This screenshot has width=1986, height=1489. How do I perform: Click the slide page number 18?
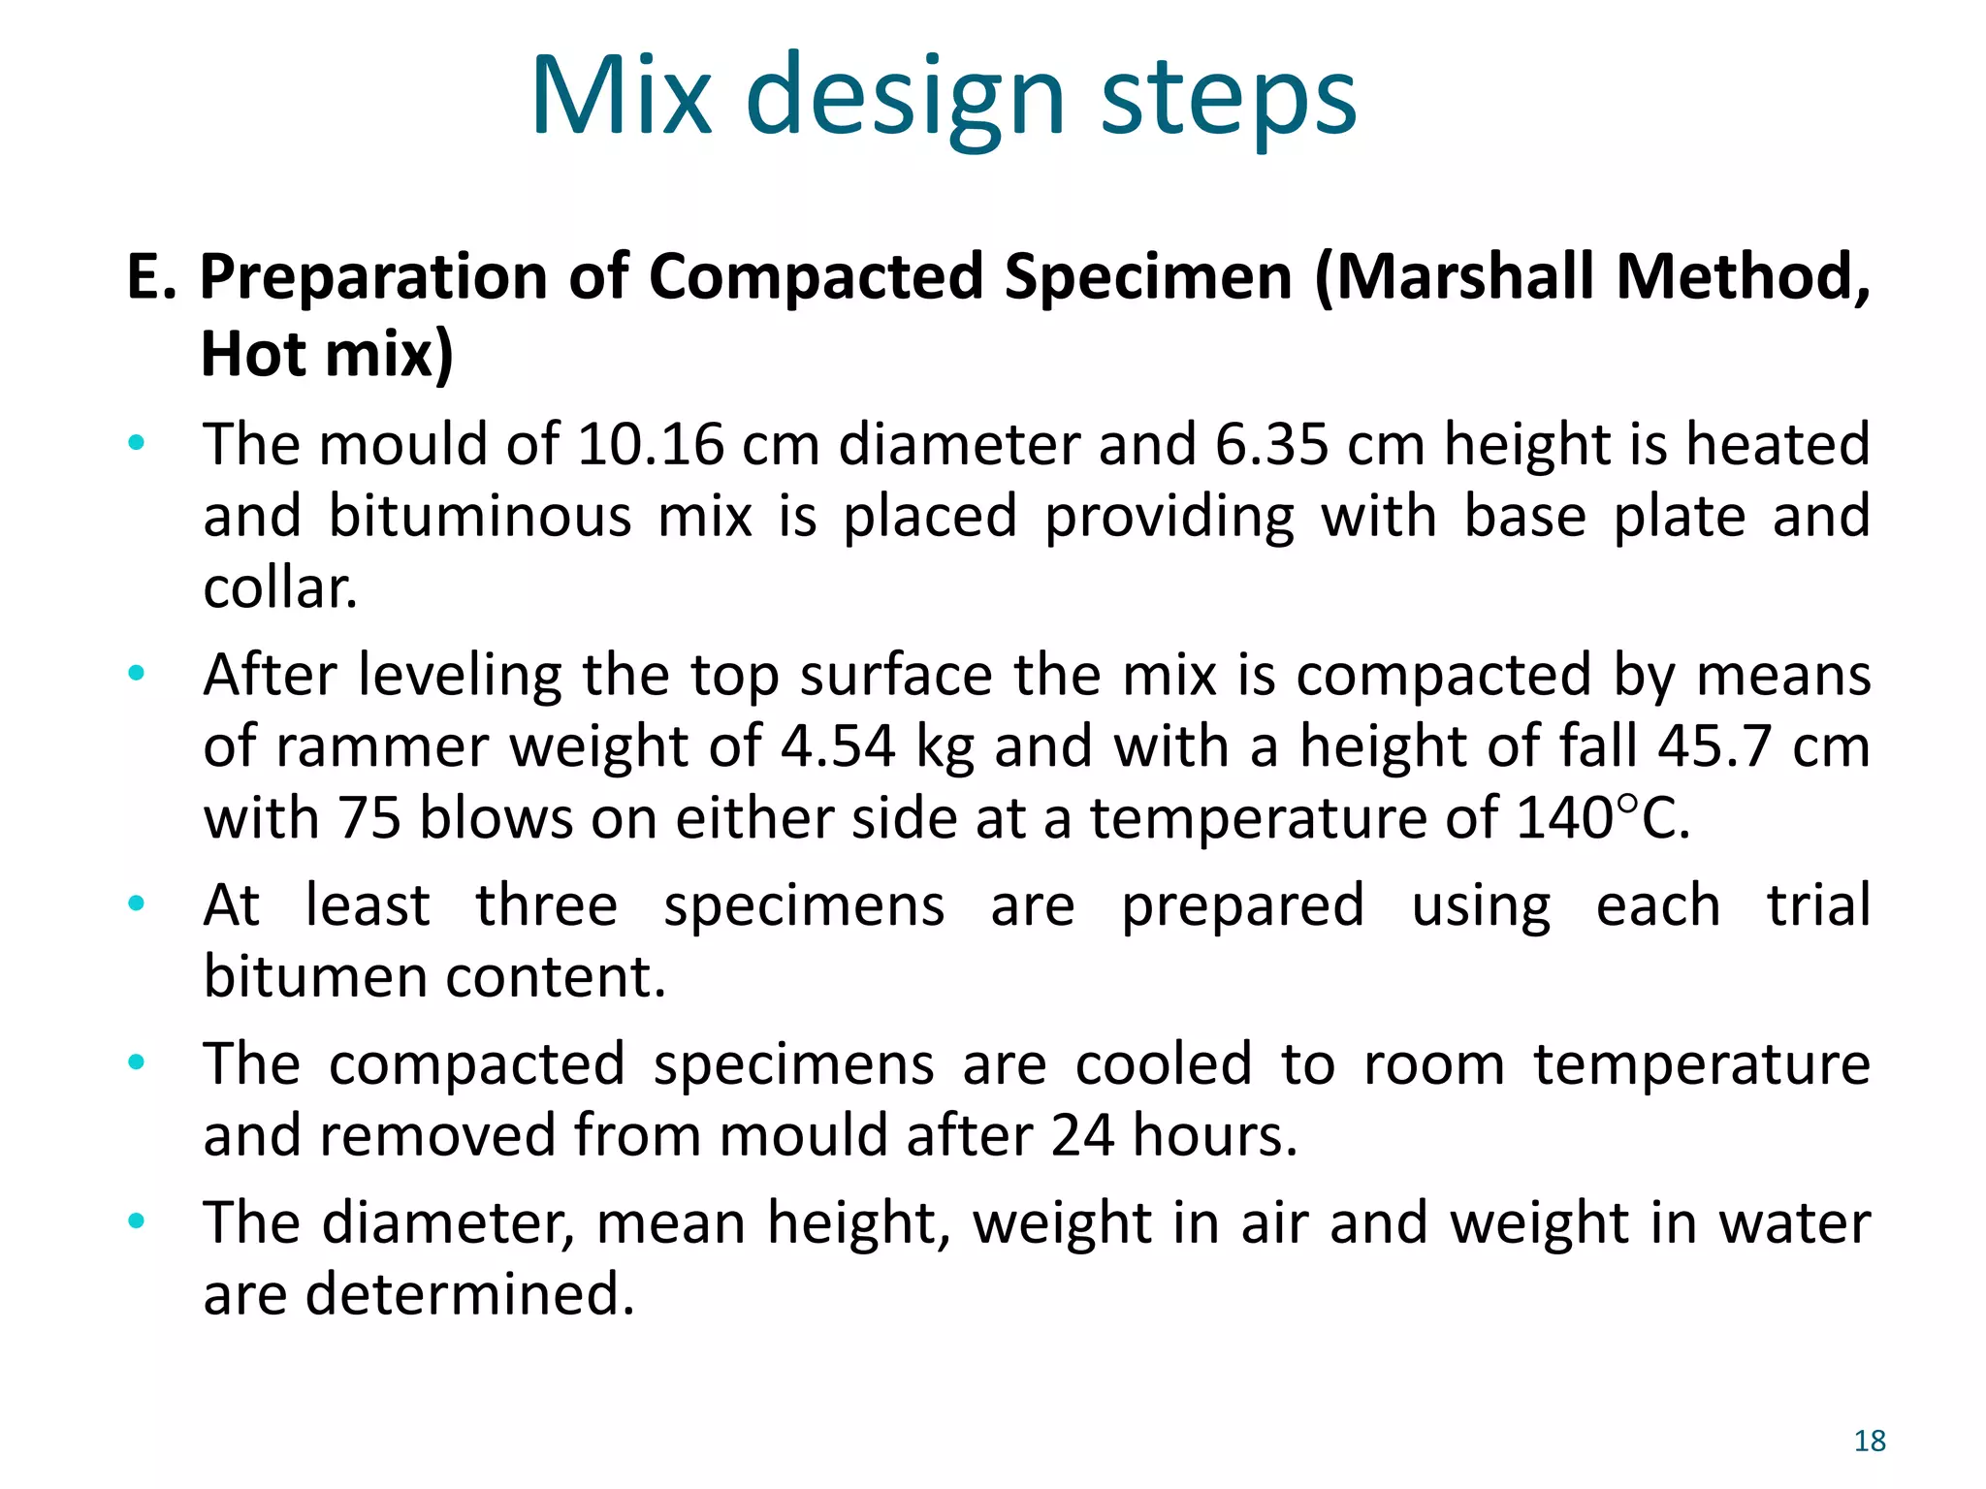1870,1441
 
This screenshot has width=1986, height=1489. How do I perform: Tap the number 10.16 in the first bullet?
650,445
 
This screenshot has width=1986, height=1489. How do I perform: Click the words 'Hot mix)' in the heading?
327,354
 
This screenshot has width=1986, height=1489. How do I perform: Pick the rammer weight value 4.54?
838,746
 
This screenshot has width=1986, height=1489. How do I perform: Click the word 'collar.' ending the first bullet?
280,587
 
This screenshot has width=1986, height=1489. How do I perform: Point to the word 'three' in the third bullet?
546,905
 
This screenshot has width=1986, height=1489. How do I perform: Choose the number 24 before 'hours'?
1081,1135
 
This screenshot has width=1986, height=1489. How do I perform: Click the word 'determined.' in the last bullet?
469,1294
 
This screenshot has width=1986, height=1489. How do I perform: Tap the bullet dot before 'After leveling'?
137,672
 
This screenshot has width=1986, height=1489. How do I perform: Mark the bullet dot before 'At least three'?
137,903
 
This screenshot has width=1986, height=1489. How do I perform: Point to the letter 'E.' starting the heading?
151,277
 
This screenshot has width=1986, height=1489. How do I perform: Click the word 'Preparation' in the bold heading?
374,277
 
